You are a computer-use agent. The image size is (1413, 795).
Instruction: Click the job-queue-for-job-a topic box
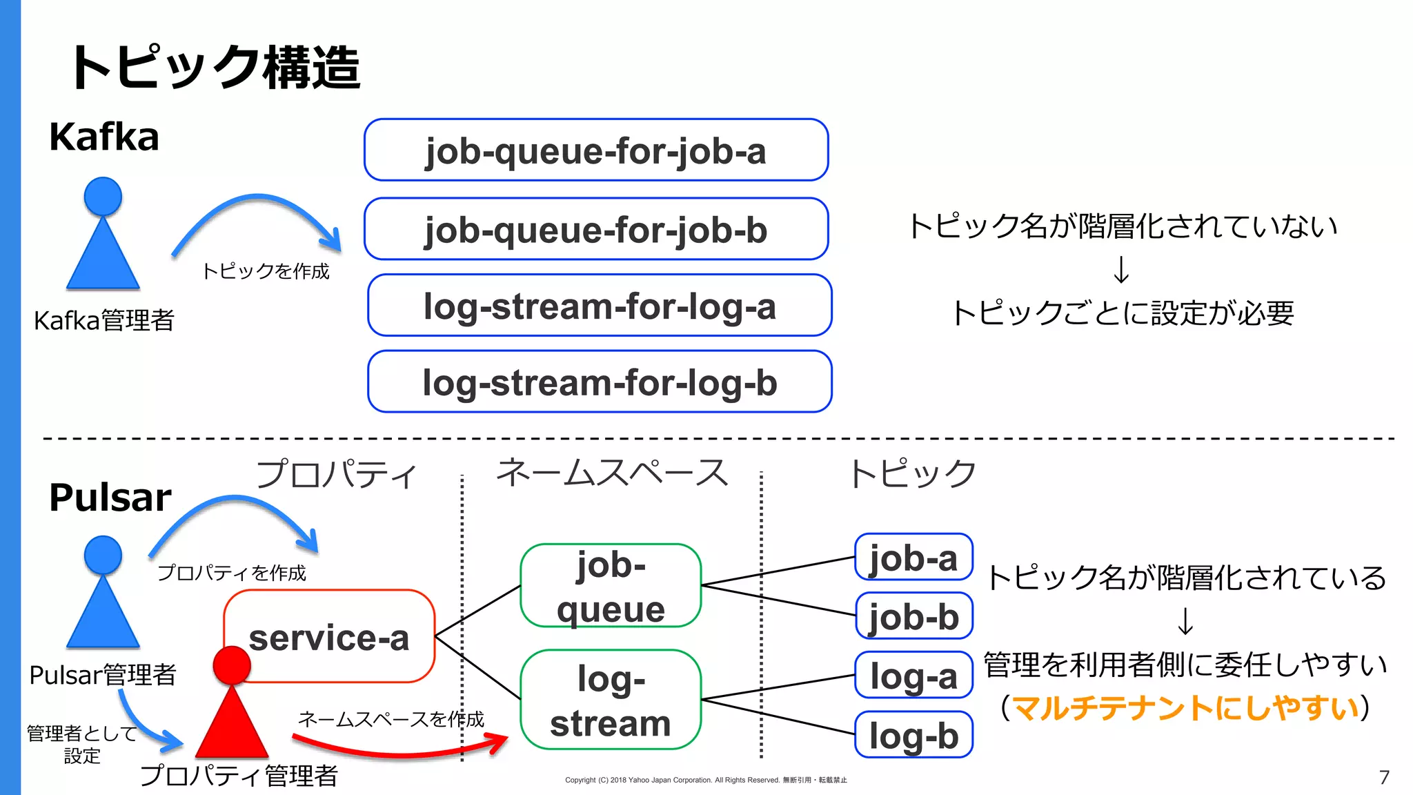(596, 150)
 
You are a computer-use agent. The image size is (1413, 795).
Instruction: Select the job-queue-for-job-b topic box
(596, 229)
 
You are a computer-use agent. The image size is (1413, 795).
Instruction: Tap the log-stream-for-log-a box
(600, 306)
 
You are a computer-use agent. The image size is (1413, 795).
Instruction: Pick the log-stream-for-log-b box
(600, 382)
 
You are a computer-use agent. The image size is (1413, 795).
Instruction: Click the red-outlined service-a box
(329, 637)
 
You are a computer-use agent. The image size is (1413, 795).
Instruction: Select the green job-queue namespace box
(611, 586)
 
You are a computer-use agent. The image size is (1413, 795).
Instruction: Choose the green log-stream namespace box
(611, 700)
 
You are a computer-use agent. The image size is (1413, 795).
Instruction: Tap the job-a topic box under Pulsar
(913, 557)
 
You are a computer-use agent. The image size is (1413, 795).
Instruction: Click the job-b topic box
(913, 616)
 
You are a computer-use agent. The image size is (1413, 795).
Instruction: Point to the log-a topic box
(913, 676)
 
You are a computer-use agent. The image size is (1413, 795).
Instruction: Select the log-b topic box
(913, 735)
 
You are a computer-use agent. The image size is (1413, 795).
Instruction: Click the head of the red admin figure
(232, 665)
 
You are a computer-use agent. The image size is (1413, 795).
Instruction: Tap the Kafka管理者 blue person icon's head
(103, 197)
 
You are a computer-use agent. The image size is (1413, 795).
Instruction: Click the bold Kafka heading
(104, 137)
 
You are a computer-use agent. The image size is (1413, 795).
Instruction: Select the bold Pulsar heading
(110, 497)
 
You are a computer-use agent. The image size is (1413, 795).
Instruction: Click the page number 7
(1384, 778)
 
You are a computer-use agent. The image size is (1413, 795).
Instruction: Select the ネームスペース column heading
(612, 473)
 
